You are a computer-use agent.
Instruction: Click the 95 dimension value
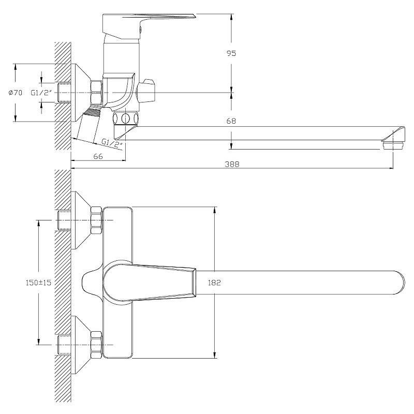pyautogui.click(x=231, y=53)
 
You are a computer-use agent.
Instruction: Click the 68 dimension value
pyautogui.click(x=231, y=121)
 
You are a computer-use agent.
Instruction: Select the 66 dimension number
pyautogui.click(x=98, y=156)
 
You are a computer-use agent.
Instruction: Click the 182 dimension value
pyautogui.click(x=214, y=283)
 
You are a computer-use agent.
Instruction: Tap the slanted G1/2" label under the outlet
pyautogui.click(x=112, y=142)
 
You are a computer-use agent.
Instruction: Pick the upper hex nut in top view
pyautogui.click(x=97, y=220)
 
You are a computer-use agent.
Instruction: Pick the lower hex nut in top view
pyautogui.click(x=97, y=345)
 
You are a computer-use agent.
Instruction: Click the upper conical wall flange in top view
pyautogui.click(x=80, y=220)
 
